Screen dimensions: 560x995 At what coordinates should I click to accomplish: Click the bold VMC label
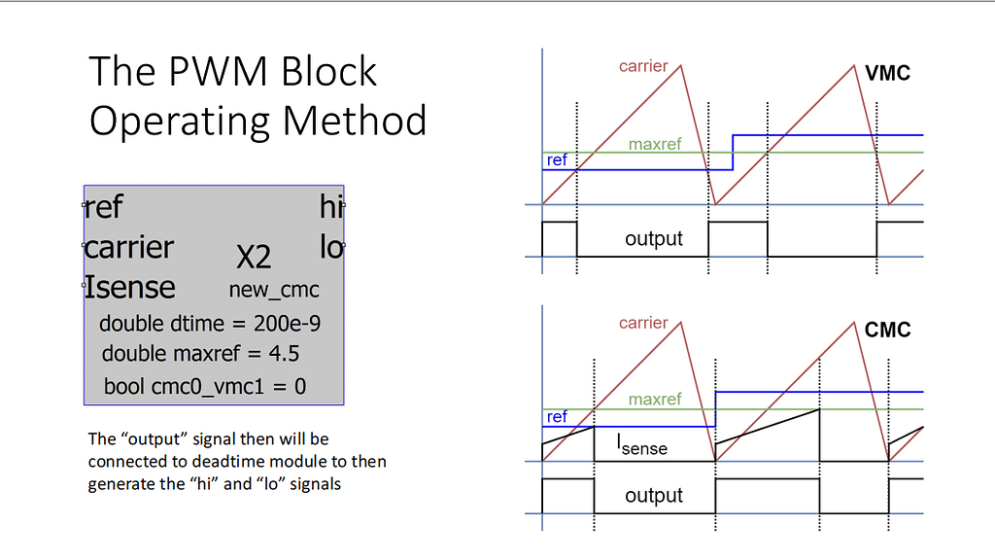(887, 72)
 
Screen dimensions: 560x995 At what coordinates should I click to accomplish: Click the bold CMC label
(887, 331)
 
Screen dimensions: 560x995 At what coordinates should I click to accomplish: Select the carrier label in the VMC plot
(643, 66)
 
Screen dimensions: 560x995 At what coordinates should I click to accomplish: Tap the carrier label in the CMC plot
(643, 323)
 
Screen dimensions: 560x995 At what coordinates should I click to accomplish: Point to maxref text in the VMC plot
(655, 145)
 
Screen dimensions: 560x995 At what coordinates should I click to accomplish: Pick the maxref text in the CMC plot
(655, 400)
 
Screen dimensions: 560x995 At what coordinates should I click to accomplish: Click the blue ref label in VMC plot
(557, 159)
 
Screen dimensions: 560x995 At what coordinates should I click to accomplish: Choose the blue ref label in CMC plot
(557, 416)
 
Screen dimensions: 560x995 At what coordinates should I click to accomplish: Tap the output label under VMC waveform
(654, 238)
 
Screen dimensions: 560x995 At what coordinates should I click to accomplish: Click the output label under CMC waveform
(654, 495)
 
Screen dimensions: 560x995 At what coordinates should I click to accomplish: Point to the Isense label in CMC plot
(642, 446)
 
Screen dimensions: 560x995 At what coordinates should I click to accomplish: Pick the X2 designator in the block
(254, 258)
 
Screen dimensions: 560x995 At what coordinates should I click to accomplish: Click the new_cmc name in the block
(274, 290)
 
